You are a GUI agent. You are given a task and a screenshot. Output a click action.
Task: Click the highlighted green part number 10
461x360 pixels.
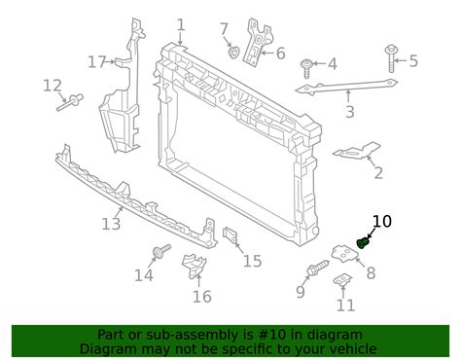point(363,242)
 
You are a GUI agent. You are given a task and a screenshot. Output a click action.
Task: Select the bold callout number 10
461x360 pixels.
point(382,222)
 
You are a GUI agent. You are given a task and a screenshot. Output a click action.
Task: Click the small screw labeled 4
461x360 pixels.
point(306,68)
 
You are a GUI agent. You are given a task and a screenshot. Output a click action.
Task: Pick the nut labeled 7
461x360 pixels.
point(233,53)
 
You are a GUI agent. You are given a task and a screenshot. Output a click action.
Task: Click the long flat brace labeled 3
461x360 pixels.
point(346,87)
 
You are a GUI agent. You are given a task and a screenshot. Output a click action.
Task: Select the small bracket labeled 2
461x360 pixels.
point(357,151)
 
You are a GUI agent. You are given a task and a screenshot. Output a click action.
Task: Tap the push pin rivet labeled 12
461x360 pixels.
point(70,102)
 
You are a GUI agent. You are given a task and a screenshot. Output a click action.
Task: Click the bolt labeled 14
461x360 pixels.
point(161,251)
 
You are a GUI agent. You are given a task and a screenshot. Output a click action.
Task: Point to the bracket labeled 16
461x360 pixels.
point(194,266)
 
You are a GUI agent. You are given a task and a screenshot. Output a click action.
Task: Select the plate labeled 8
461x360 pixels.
point(344,253)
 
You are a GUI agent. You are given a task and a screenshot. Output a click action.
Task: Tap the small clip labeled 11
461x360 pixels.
point(342,279)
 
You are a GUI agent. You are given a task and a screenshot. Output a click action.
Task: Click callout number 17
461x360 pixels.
point(97,62)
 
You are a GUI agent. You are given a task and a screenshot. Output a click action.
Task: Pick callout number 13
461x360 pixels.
point(111,224)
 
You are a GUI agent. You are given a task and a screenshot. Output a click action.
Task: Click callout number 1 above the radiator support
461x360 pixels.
point(181,25)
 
